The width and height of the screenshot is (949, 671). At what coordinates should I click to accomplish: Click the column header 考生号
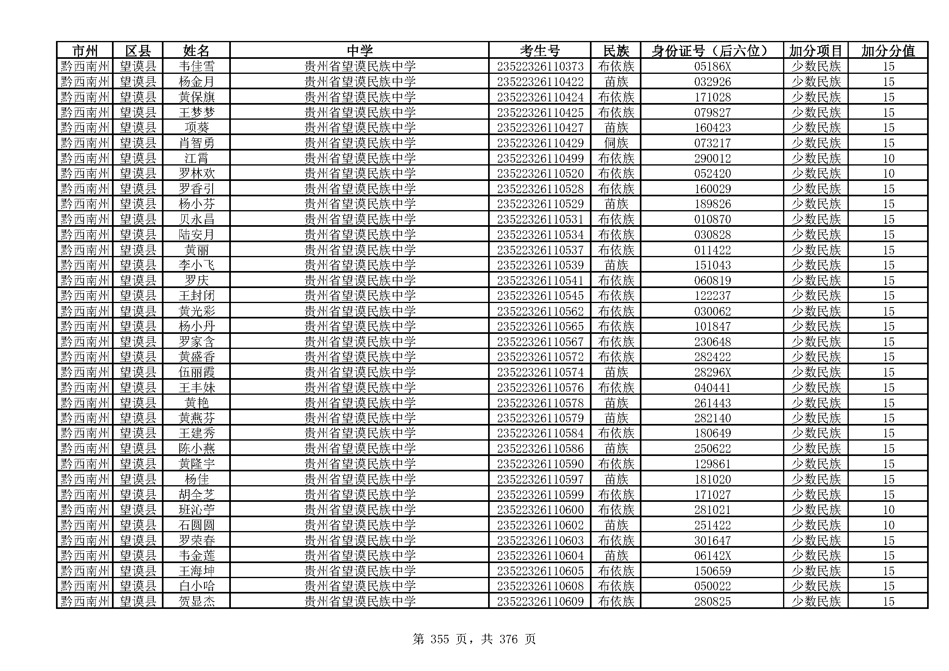click(539, 51)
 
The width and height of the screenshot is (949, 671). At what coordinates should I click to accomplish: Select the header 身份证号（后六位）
click(712, 51)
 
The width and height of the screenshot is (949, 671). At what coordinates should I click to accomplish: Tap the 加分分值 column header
click(888, 51)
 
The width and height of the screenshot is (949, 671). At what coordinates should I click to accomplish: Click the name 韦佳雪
click(196, 67)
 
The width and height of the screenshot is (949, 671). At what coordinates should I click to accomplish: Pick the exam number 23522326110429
click(540, 143)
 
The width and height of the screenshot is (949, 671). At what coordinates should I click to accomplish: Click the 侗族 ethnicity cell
click(616, 143)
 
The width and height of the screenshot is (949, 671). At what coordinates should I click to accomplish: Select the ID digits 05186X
click(712, 67)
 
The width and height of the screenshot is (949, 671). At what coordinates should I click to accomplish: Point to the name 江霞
click(196, 158)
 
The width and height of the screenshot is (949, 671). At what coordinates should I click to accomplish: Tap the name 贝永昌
click(196, 219)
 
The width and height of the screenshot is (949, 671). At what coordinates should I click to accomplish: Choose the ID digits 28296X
click(712, 372)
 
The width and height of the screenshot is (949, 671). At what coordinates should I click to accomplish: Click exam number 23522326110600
click(540, 510)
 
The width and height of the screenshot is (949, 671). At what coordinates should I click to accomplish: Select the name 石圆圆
click(196, 525)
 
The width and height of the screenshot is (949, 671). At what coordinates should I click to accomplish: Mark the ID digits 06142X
click(712, 556)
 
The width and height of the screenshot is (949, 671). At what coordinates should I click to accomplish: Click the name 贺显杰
click(196, 602)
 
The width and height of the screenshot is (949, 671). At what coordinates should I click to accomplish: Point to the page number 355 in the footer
click(439, 640)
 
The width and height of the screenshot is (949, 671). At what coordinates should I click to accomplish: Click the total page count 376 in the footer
click(508, 640)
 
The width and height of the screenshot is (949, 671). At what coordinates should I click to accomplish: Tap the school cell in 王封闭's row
click(359, 296)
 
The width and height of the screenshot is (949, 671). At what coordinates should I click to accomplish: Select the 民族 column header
click(616, 51)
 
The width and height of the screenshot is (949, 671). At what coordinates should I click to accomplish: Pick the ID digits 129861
click(712, 464)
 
